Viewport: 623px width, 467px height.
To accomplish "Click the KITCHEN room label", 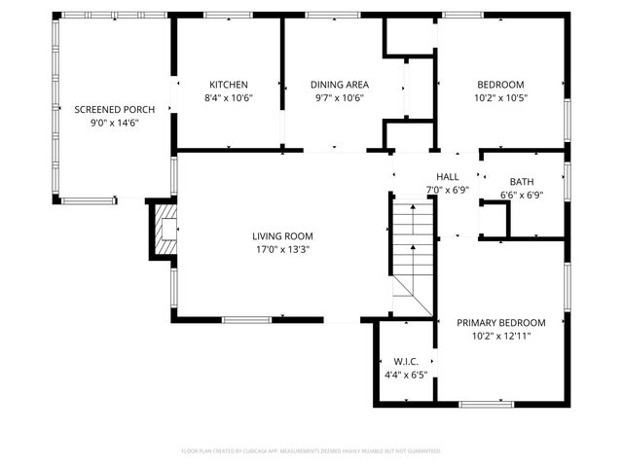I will [228, 85].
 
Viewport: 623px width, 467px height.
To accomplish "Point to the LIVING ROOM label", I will [282, 236].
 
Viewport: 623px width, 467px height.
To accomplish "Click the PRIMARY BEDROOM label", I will [501, 323].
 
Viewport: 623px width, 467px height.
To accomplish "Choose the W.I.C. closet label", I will [406, 362].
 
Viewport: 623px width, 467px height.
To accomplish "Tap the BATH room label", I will [522, 182].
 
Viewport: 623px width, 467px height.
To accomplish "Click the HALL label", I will [448, 176].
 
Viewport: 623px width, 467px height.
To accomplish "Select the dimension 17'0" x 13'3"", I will [282, 249].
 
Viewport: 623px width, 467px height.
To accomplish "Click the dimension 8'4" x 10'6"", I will [228, 97].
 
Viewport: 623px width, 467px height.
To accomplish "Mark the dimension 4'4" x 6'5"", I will [406, 375].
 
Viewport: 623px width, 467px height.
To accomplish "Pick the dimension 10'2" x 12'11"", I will [501, 336].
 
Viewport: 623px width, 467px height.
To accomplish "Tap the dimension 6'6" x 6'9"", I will [522, 195].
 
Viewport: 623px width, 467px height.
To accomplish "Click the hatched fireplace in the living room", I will [164, 230].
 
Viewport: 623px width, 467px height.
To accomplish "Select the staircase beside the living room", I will [412, 256].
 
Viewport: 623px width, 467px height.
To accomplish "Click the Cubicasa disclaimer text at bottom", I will [311, 451].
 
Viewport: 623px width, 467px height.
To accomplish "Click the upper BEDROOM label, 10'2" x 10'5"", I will [500, 85].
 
